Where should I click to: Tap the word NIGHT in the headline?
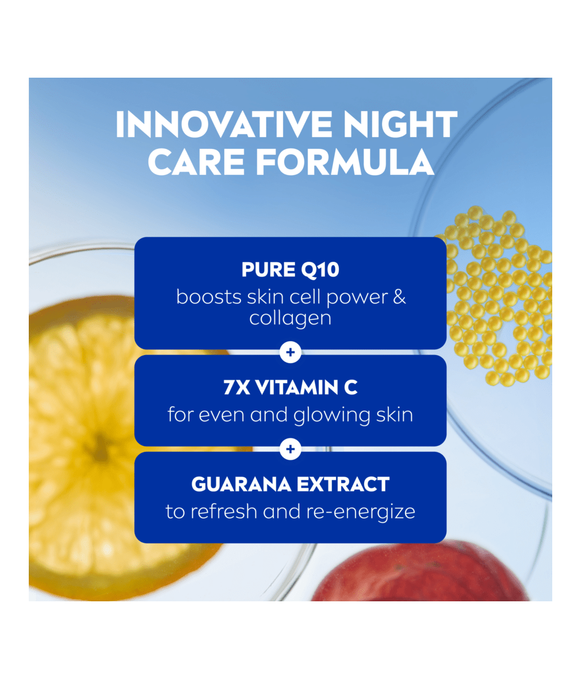(400, 125)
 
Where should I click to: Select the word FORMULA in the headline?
(345, 162)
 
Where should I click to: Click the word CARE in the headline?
(197, 162)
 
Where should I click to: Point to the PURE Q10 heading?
(290, 269)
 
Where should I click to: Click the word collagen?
(290, 318)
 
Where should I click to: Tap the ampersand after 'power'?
(399, 297)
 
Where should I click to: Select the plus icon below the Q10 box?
(290, 352)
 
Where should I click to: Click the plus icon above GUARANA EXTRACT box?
(290, 449)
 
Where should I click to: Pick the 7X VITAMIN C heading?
(290, 388)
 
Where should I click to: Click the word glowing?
(331, 415)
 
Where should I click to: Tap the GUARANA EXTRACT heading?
(290, 484)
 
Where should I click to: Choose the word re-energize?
(361, 512)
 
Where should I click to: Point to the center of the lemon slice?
(100, 448)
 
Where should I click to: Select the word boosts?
(209, 297)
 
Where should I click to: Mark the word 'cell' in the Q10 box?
(305, 297)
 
